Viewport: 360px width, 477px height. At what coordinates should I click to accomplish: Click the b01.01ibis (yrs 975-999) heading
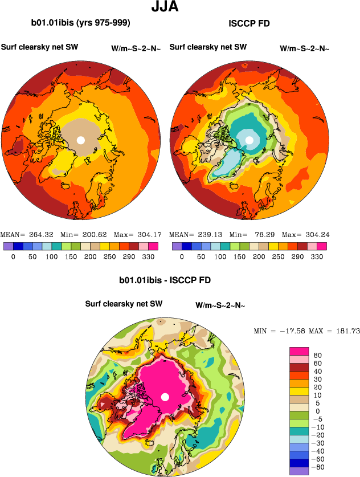(x=81, y=23)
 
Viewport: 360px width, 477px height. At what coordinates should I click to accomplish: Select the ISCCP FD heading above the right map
(x=248, y=23)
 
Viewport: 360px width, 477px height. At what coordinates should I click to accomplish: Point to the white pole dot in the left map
(x=80, y=140)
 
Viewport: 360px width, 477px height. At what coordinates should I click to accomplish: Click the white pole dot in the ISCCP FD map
(x=249, y=140)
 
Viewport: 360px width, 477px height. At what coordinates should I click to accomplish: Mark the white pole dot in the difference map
(x=165, y=397)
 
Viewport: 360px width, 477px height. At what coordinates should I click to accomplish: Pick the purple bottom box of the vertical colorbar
(x=299, y=471)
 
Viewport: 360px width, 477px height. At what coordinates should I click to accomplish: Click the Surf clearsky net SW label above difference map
(x=124, y=304)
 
